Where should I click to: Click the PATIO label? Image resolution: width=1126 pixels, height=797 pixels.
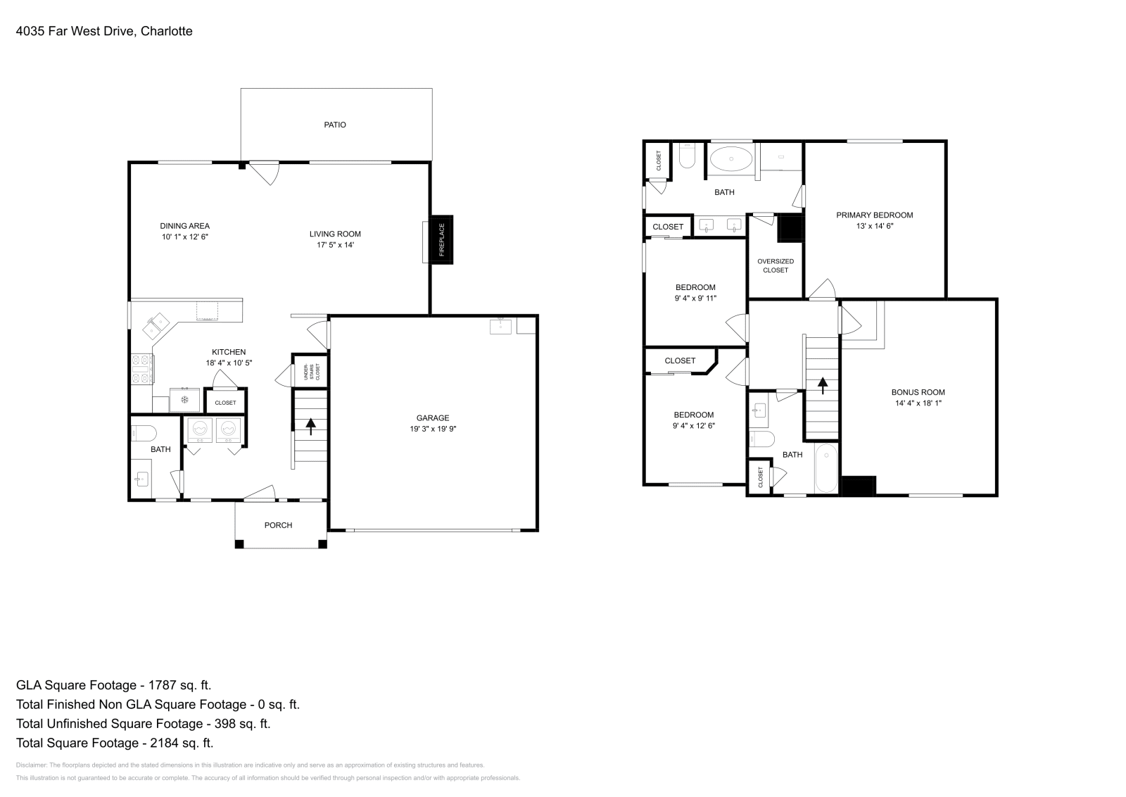(x=335, y=125)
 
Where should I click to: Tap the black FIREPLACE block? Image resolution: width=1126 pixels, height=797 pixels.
(x=442, y=240)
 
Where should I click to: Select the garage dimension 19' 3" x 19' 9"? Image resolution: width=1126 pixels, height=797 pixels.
(x=433, y=429)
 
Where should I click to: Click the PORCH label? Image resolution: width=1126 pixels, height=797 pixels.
(x=278, y=525)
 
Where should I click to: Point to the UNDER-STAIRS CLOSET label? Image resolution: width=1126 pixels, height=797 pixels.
(x=310, y=372)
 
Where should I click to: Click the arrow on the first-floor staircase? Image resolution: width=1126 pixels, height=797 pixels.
(x=310, y=425)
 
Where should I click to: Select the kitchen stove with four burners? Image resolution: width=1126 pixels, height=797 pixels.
(x=141, y=368)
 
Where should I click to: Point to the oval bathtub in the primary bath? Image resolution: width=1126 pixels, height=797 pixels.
(x=730, y=160)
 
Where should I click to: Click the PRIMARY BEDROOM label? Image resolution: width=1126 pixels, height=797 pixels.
(x=874, y=215)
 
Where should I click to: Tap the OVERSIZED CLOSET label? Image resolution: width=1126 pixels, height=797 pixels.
(x=776, y=265)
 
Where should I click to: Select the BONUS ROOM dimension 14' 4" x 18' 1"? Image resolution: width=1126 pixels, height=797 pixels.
(x=918, y=403)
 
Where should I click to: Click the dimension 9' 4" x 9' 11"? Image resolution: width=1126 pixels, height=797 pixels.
(x=695, y=299)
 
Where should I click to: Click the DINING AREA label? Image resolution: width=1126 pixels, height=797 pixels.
(x=184, y=226)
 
